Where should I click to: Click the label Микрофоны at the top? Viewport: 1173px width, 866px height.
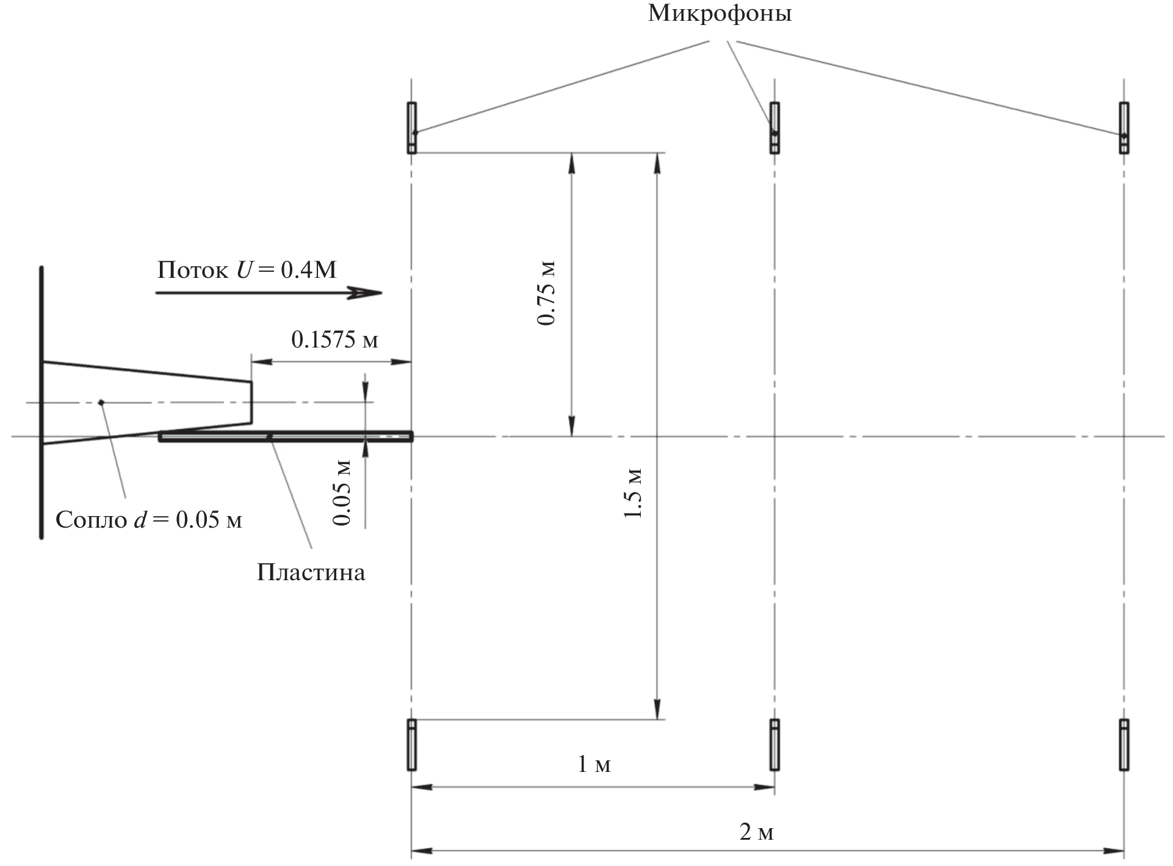(x=720, y=13)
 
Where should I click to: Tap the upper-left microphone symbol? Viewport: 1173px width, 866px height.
(x=412, y=128)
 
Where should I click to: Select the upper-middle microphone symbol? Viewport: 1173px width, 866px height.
(x=774, y=128)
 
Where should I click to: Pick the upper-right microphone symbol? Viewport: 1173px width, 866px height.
(x=1124, y=128)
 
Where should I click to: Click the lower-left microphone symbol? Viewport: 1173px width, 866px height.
(x=412, y=744)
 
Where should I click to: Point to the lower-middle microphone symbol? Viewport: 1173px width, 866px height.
(x=774, y=744)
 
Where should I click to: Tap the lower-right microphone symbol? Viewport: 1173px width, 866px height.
(x=1124, y=744)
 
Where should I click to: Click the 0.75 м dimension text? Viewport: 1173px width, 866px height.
(x=547, y=293)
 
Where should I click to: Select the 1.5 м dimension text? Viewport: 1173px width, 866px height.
(x=633, y=493)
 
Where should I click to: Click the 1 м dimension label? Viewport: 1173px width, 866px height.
(x=594, y=763)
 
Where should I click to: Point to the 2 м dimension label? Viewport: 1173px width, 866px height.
(x=757, y=832)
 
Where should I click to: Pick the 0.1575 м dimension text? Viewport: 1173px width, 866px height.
(x=334, y=339)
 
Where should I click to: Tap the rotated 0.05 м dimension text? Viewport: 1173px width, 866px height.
(x=342, y=492)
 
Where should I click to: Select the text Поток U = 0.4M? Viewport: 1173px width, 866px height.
(x=247, y=269)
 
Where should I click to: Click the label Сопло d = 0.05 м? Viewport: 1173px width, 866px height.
(x=149, y=520)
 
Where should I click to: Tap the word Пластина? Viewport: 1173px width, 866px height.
(x=311, y=572)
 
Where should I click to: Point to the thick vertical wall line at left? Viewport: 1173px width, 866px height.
(x=42, y=403)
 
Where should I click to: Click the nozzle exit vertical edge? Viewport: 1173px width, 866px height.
(x=251, y=402)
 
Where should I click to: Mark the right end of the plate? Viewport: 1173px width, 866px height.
(x=413, y=437)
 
